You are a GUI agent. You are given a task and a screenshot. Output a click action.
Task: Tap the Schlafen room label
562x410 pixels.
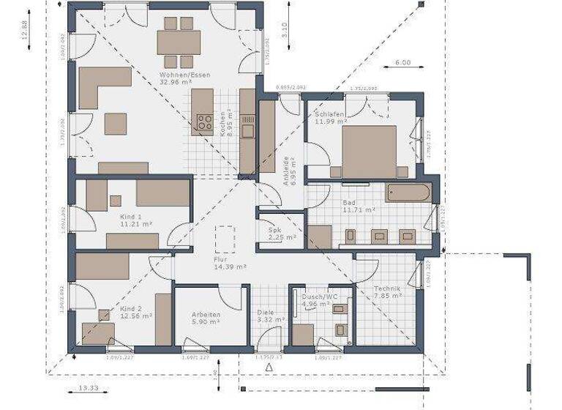(x=329, y=115)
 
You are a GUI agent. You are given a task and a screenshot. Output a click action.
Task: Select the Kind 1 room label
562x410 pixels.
(x=130, y=217)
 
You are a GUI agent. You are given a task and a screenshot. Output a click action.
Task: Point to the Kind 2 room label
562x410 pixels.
(x=130, y=310)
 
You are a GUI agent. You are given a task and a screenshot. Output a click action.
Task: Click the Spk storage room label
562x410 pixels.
(x=275, y=229)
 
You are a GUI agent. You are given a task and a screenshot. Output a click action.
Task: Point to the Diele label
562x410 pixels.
(x=264, y=313)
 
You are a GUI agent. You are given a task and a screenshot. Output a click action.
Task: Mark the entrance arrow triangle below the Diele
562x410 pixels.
(x=269, y=366)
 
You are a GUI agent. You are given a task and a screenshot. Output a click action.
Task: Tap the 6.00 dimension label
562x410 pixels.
(x=402, y=63)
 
